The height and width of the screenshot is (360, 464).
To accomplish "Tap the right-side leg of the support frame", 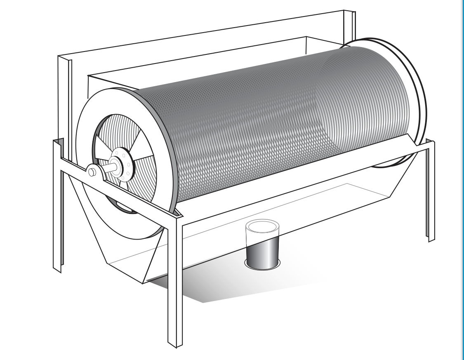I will click(430, 194).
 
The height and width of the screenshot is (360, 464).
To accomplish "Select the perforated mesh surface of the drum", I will click(268, 124).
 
